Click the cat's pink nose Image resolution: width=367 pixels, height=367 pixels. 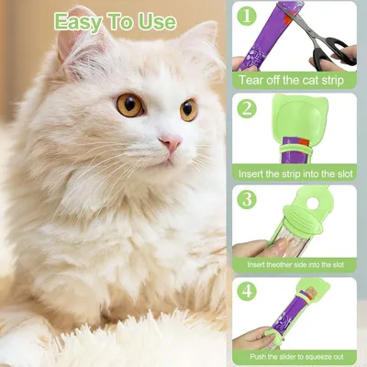click(171, 142)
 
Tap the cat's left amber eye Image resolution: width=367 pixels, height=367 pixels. click(129, 106)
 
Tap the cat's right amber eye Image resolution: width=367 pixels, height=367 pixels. click(188, 110)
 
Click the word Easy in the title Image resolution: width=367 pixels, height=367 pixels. click(84, 21)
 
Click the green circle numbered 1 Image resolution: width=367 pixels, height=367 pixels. click(247, 16)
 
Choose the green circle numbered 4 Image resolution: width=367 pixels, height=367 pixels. click(247, 291)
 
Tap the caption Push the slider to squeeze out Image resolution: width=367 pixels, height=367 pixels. click(299, 355)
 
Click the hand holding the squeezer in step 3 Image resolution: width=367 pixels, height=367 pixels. click(250, 248)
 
